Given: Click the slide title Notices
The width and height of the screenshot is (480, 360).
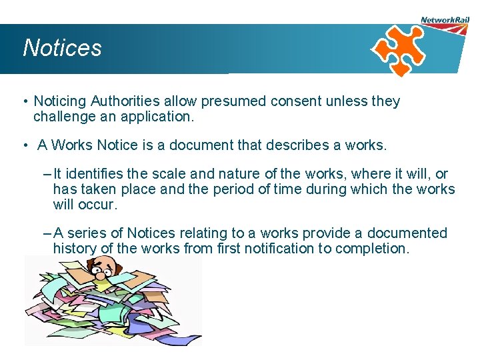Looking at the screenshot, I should click(62, 48).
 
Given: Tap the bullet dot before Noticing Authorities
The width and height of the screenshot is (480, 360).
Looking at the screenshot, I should click(24, 102).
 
